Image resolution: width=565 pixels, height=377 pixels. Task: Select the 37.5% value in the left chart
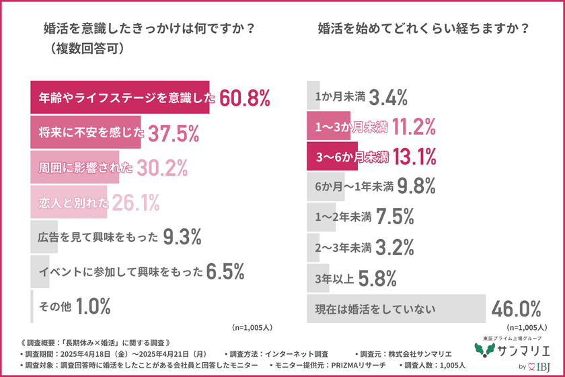coord(173,134)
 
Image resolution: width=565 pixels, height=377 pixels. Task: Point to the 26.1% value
coord(135,201)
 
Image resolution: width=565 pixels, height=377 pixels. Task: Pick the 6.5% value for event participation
coord(225,272)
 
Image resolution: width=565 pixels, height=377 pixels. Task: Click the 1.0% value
coord(92,307)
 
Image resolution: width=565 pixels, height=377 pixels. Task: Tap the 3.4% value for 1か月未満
coord(389,98)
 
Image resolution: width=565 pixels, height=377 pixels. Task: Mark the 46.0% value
coord(516,310)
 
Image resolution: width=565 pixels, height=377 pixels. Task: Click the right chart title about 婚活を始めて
coord(422,30)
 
